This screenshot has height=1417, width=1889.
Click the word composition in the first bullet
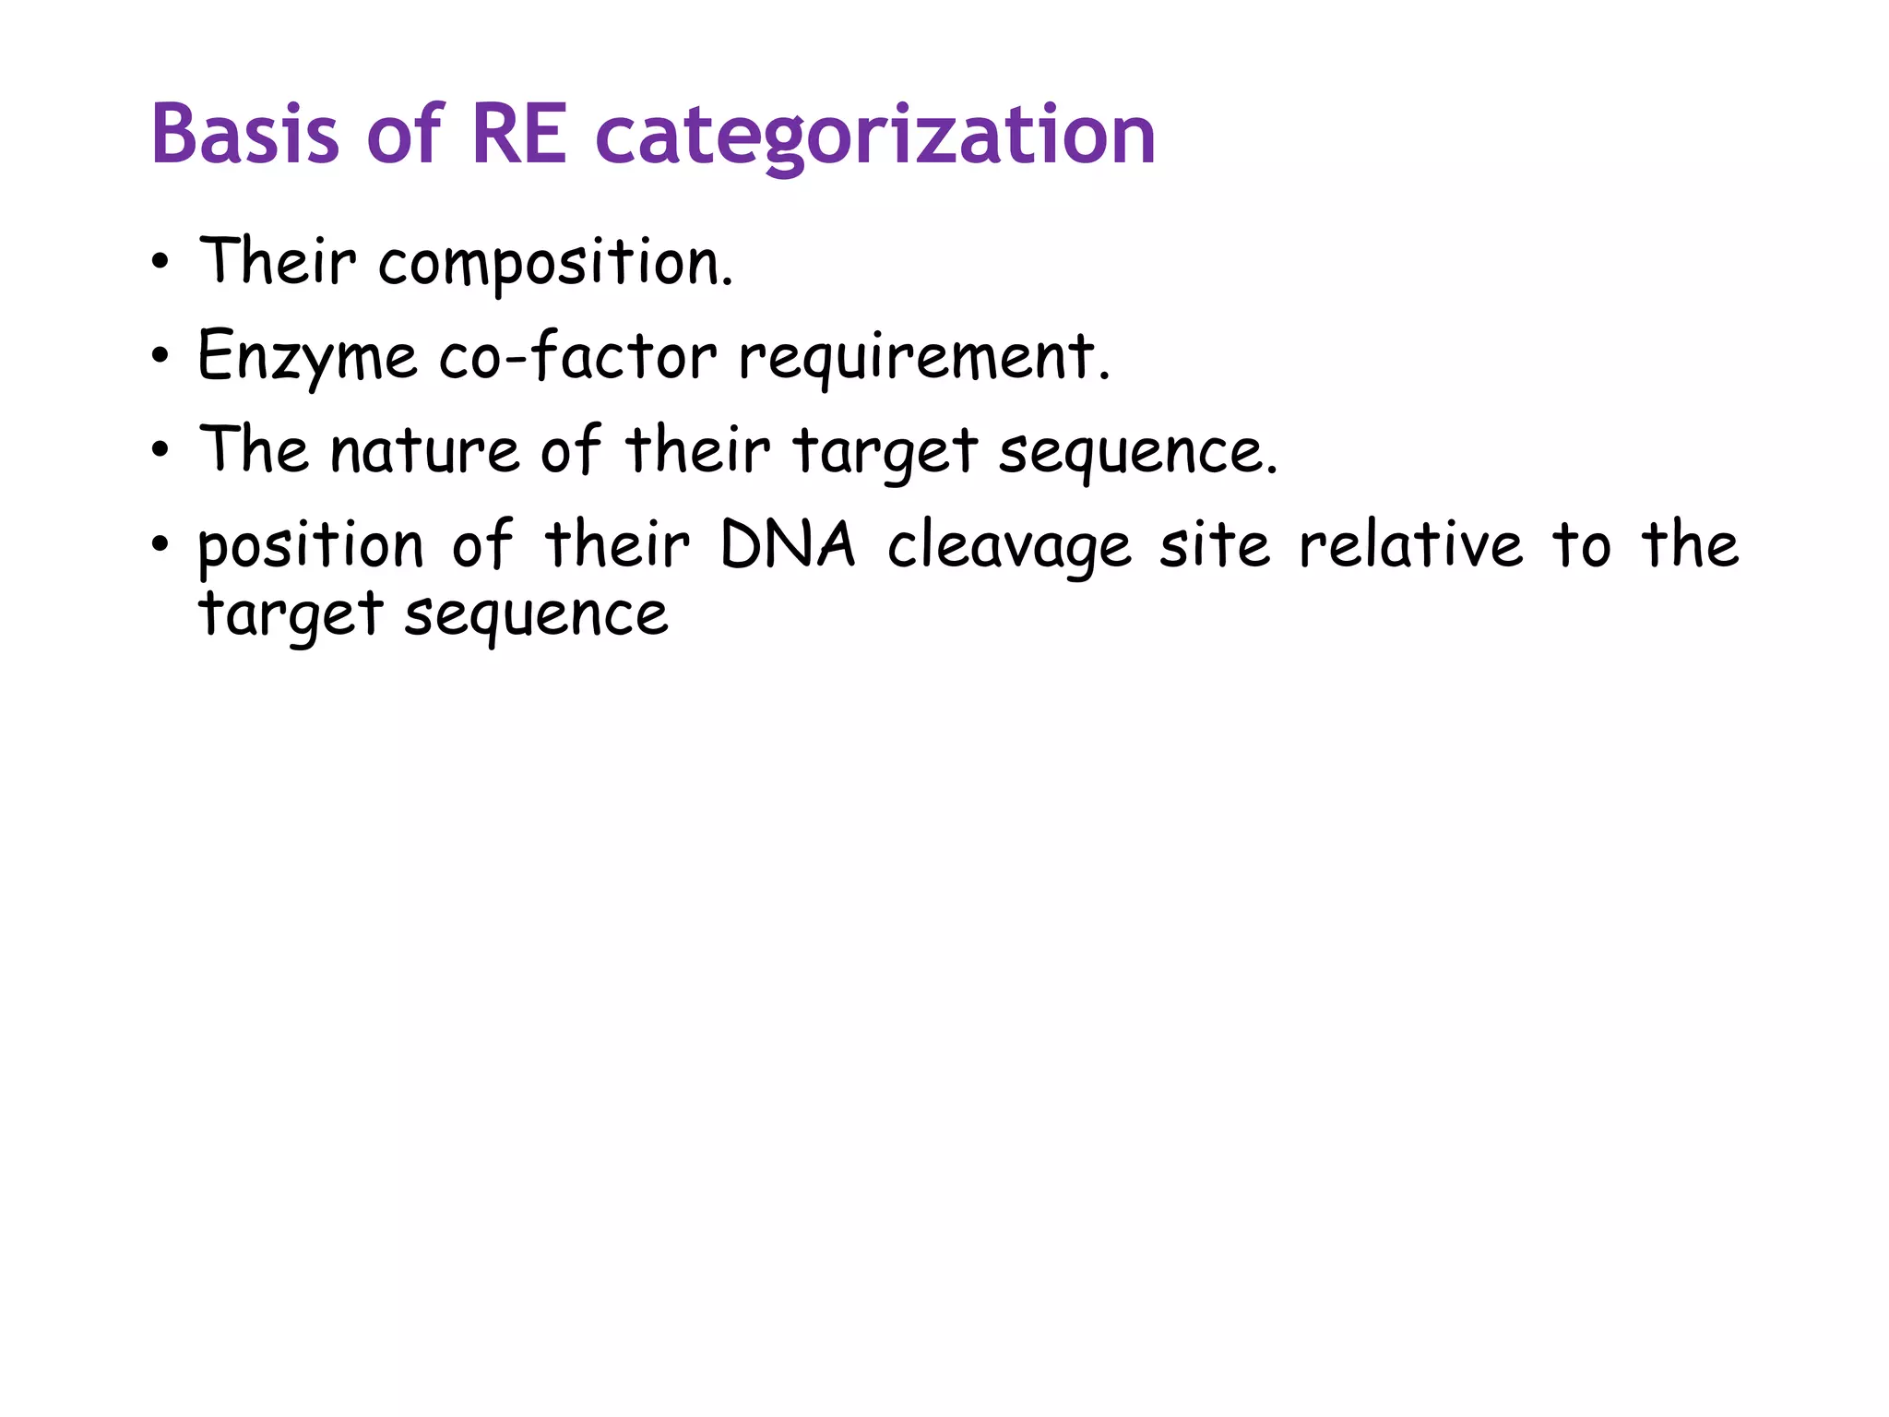pyautogui.click(x=555, y=264)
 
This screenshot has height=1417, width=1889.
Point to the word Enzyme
pyautogui.click(x=307, y=358)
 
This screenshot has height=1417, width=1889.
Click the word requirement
pyautogui.click(x=924, y=358)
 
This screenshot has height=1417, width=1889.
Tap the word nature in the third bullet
pyautogui.click(x=424, y=451)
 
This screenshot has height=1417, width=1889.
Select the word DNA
pyautogui.click(x=788, y=545)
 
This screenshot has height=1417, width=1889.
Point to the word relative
pyautogui.click(x=1410, y=545)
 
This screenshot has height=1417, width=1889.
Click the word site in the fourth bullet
pyautogui.click(x=1214, y=545)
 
